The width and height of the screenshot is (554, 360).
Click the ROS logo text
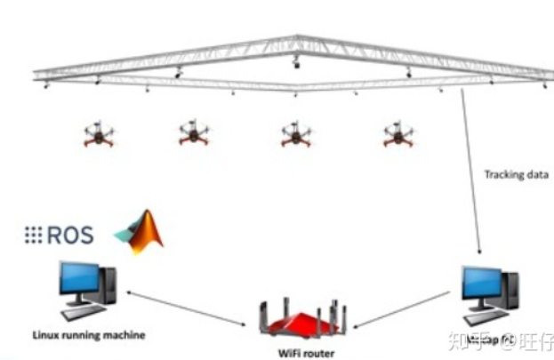pos(70,236)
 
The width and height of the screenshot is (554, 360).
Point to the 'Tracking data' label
pos(516,174)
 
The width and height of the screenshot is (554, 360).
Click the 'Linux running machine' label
pos(88,334)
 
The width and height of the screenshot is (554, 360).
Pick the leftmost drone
pos(99,135)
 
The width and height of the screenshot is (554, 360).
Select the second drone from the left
pos(193,134)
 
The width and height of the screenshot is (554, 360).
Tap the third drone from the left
pos(295,135)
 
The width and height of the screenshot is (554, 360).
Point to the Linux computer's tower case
pos(108,285)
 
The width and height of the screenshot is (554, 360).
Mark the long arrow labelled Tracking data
pos(471,169)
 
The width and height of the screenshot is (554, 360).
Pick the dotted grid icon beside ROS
pos(33,236)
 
